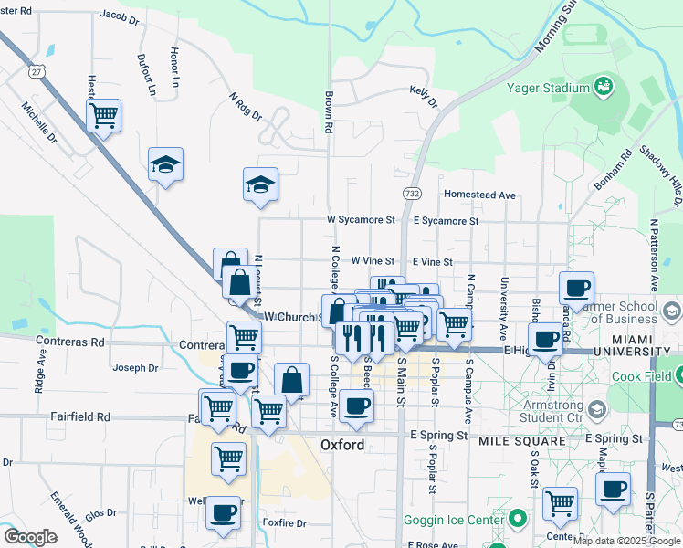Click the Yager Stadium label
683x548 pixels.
pyautogui.click(x=547, y=89)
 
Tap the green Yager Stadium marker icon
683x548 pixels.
pyautogui.click(x=603, y=87)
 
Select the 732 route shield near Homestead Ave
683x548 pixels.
pyautogui.click(x=410, y=194)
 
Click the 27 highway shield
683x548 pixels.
pyautogui.click(x=36, y=71)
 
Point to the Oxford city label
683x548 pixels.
pyautogui.click(x=342, y=446)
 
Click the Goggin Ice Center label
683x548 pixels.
pyautogui.click(x=452, y=521)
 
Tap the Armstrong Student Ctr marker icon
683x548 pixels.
pyautogui.click(x=599, y=407)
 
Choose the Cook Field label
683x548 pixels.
pyautogui.click(x=639, y=376)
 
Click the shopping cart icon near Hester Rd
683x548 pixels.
pyautogui.click(x=104, y=116)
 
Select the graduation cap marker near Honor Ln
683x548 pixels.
pyautogui.click(x=165, y=164)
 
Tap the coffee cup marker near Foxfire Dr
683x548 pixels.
pyautogui.click(x=223, y=513)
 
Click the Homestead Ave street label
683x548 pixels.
pyautogui.click(x=480, y=195)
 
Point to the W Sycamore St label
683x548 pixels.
pyautogui.click(x=361, y=220)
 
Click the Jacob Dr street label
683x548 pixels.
pyautogui.click(x=120, y=16)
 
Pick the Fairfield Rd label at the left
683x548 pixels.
pyautogui.click(x=73, y=416)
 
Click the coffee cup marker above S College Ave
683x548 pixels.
pyautogui.click(x=356, y=406)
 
